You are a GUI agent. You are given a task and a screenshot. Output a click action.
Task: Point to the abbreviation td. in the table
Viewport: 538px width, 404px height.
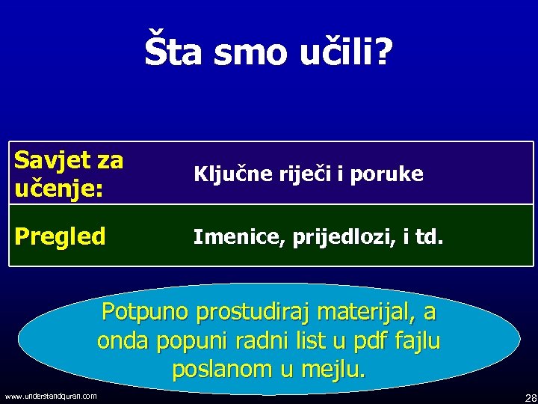pos(429,238)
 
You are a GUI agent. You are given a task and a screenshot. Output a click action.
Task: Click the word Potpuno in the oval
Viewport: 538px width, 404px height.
pos(146,310)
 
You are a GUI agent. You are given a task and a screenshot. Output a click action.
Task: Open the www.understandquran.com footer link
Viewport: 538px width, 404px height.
pos(50,396)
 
